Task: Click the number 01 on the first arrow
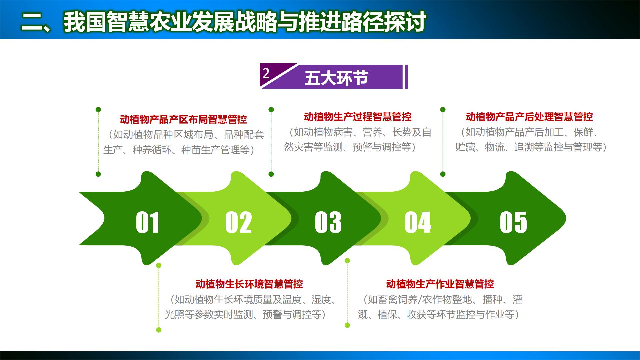[x=147, y=222]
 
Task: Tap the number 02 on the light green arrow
[x=238, y=222]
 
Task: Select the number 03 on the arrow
[x=328, y=222]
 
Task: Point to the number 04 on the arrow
[x=418, y=222]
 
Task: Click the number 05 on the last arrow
[x=513, y=222]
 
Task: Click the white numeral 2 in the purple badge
[x=266, y=73]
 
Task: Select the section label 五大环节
[x=336, y=78]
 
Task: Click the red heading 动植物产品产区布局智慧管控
[x=183, y=119]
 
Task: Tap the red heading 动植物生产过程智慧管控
[x=358, y=117]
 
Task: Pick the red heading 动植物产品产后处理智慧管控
[x=529, y=117]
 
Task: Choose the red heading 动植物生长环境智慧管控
[x=249, y=284]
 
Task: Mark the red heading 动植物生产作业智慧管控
[x=440, y=284]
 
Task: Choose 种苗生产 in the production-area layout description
[x=196, y=150]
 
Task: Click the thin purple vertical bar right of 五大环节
[x=406, y=77]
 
